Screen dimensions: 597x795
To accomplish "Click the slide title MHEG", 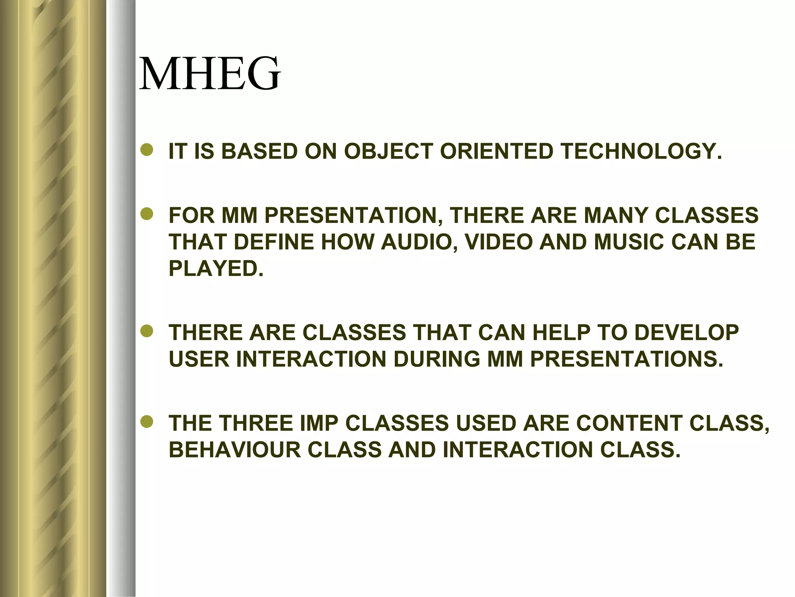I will pos(210,73).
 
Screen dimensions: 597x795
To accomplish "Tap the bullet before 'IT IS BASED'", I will pos(148,151).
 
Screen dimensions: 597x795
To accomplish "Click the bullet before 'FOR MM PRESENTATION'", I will pos(148,215).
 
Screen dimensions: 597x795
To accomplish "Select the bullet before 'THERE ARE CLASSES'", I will pos(148,332).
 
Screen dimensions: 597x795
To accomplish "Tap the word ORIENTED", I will pos(496,151).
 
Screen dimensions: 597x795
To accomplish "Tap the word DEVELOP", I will pos(687,333).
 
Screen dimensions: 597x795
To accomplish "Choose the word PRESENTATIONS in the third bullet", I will pos(627,359).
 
